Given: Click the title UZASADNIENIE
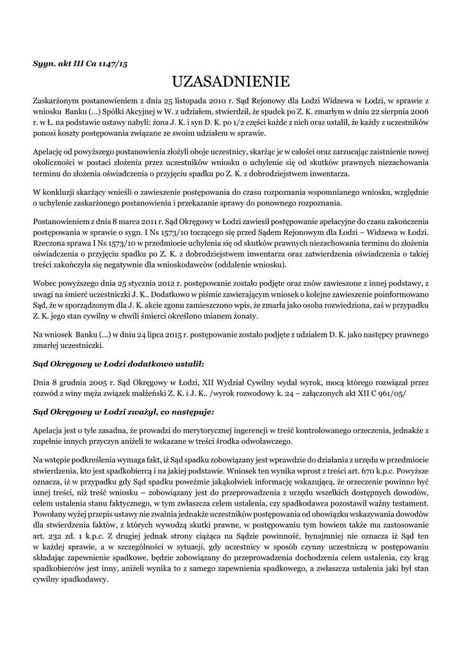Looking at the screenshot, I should pos(231,81).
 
